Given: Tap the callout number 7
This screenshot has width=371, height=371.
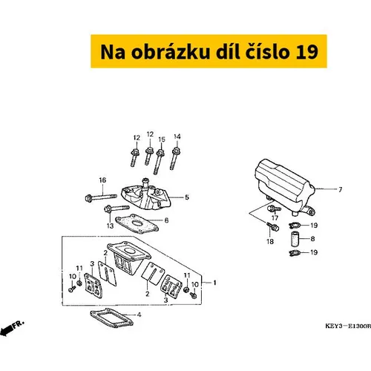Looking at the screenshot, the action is pos(341,190).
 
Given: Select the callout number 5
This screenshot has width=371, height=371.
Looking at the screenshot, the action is pos(187,197).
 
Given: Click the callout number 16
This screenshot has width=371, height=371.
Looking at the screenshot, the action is pos(102,180).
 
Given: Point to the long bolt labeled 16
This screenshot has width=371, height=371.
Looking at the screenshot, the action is pos(101,197).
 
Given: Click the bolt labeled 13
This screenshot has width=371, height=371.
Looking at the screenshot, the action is pos(116,209).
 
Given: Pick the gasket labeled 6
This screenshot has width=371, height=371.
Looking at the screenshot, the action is pos(137,224).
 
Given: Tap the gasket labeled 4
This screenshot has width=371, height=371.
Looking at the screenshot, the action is pos(111,318).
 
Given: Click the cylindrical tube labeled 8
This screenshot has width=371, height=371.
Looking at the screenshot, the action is pos(295,239).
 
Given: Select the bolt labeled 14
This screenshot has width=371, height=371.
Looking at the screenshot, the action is pos(174,159).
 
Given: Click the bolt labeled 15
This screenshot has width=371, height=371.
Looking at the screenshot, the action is pos(159,162).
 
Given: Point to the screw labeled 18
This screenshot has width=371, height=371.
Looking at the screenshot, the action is pos(273,226).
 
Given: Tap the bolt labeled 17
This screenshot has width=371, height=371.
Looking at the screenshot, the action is pos(274,209).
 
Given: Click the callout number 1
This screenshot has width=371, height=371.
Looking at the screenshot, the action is pos(214,283).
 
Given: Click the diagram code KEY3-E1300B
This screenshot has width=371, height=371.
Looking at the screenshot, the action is pos(348,326).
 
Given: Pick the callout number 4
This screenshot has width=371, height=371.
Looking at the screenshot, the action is pos(139,315).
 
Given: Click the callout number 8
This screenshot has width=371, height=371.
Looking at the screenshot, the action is pos(312,239).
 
